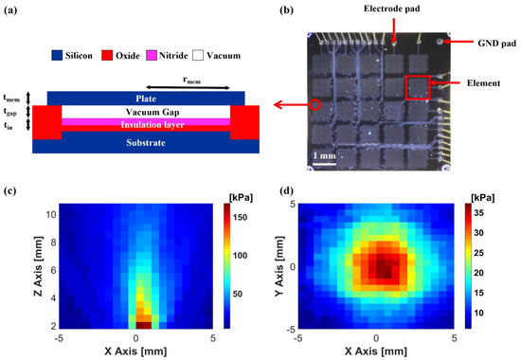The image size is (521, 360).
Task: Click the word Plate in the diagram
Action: (x=142, y=97)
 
